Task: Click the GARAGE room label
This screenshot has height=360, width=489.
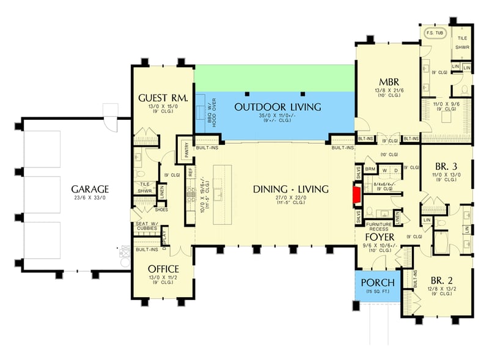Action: [x=89, y=189]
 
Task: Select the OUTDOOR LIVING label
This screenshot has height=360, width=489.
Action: [x=278, y=107]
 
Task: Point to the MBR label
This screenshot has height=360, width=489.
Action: [x=389, y=82]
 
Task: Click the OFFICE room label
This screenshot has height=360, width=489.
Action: [x=163, y=269]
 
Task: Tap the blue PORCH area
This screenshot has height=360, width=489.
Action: [x=378, y=287]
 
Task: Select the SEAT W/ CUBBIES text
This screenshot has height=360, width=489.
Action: [x=147, y=226]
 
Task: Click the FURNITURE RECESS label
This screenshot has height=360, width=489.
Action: [x=379, y=226]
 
